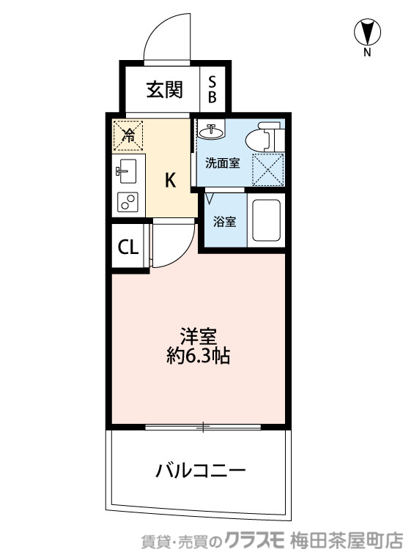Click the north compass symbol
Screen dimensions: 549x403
[x=367, y=32]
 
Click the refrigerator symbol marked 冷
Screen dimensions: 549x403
[x=127, y=135]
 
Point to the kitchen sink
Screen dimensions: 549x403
[x=126, y=172]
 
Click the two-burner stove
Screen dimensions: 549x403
[x=127, y=201]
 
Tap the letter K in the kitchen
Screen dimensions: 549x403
[x=169, y=180]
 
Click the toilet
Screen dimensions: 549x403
[x=263, y=136]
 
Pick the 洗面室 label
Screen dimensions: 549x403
[x=222, y=163]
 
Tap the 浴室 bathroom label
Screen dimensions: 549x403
[x=224, y=221]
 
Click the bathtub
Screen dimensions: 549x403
[x=267, y=219]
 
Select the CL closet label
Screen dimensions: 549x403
[x=128, y=247]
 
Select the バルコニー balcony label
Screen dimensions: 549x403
[x=199, y=469]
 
